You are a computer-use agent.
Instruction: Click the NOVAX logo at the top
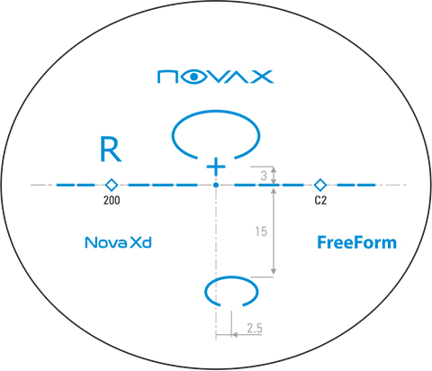[215, 77]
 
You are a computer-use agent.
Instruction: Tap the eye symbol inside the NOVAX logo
[194, 77]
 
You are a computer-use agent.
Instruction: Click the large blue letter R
[110, 149]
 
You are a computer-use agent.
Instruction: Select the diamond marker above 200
[112, 185]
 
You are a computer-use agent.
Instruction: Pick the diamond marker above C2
[320, 185]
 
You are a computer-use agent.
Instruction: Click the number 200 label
[112, 200]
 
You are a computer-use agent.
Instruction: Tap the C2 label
[320, 200]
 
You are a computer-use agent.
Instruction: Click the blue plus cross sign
[216, 167]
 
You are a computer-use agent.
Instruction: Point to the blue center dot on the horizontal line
[216, 185]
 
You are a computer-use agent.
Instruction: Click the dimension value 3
[264, 176]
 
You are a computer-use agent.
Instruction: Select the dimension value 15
[261, 231]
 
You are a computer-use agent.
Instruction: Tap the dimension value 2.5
[255, 328]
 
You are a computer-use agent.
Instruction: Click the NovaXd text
[118, 242]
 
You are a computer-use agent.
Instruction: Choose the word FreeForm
[356, 242]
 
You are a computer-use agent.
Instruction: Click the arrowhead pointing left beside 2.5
[235, 334]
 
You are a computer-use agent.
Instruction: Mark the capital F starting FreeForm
[322, 242]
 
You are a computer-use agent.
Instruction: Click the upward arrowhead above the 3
[274, 170]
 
